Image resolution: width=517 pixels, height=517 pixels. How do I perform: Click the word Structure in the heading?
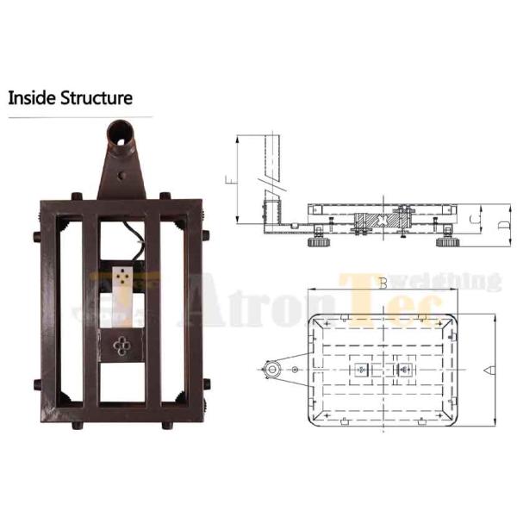(x=96, y=97)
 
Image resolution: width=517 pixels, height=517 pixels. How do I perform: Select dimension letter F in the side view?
(x=230, y=181)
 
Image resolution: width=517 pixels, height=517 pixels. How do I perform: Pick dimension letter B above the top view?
(x=380, y=283)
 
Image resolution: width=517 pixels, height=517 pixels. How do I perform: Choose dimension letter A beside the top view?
(x=488, y=370)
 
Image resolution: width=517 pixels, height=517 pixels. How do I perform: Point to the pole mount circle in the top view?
(x=273, y=370)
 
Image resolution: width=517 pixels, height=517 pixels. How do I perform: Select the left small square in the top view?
(x=359, y=370)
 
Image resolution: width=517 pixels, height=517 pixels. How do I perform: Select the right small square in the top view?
(x=400, y=370)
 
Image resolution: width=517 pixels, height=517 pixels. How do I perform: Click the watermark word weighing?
(x=458, y=281)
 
